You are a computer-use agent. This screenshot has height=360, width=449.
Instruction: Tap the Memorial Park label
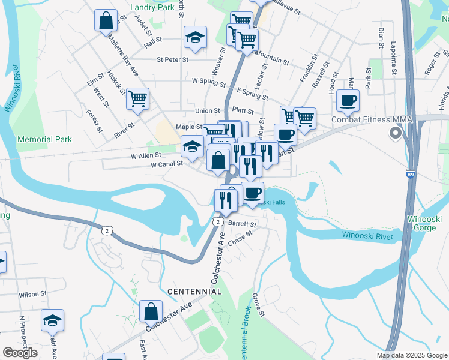coord(45,139)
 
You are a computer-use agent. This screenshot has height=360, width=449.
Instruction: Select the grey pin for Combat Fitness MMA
coord(395,133)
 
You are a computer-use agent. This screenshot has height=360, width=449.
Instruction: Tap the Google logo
coord(20,352)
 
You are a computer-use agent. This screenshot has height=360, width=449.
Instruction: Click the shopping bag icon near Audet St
coord(106,21)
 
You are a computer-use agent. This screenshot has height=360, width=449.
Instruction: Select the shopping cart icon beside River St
coord(137,98)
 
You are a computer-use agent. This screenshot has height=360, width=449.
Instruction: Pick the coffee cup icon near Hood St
coord(347,100)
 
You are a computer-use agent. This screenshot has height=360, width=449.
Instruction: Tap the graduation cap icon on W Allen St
coord(192,147)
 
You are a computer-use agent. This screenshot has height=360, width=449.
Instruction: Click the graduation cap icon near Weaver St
coord(194,37)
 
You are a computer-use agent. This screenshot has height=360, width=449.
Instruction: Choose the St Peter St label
coord(172,59)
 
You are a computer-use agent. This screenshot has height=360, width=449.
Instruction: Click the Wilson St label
coord(32,295)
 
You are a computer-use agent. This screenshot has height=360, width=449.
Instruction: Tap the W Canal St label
coord(166,164)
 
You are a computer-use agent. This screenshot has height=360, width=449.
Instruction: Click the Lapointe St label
coord(394,42)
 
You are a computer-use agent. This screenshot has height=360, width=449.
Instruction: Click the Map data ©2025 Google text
coord(412,355)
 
